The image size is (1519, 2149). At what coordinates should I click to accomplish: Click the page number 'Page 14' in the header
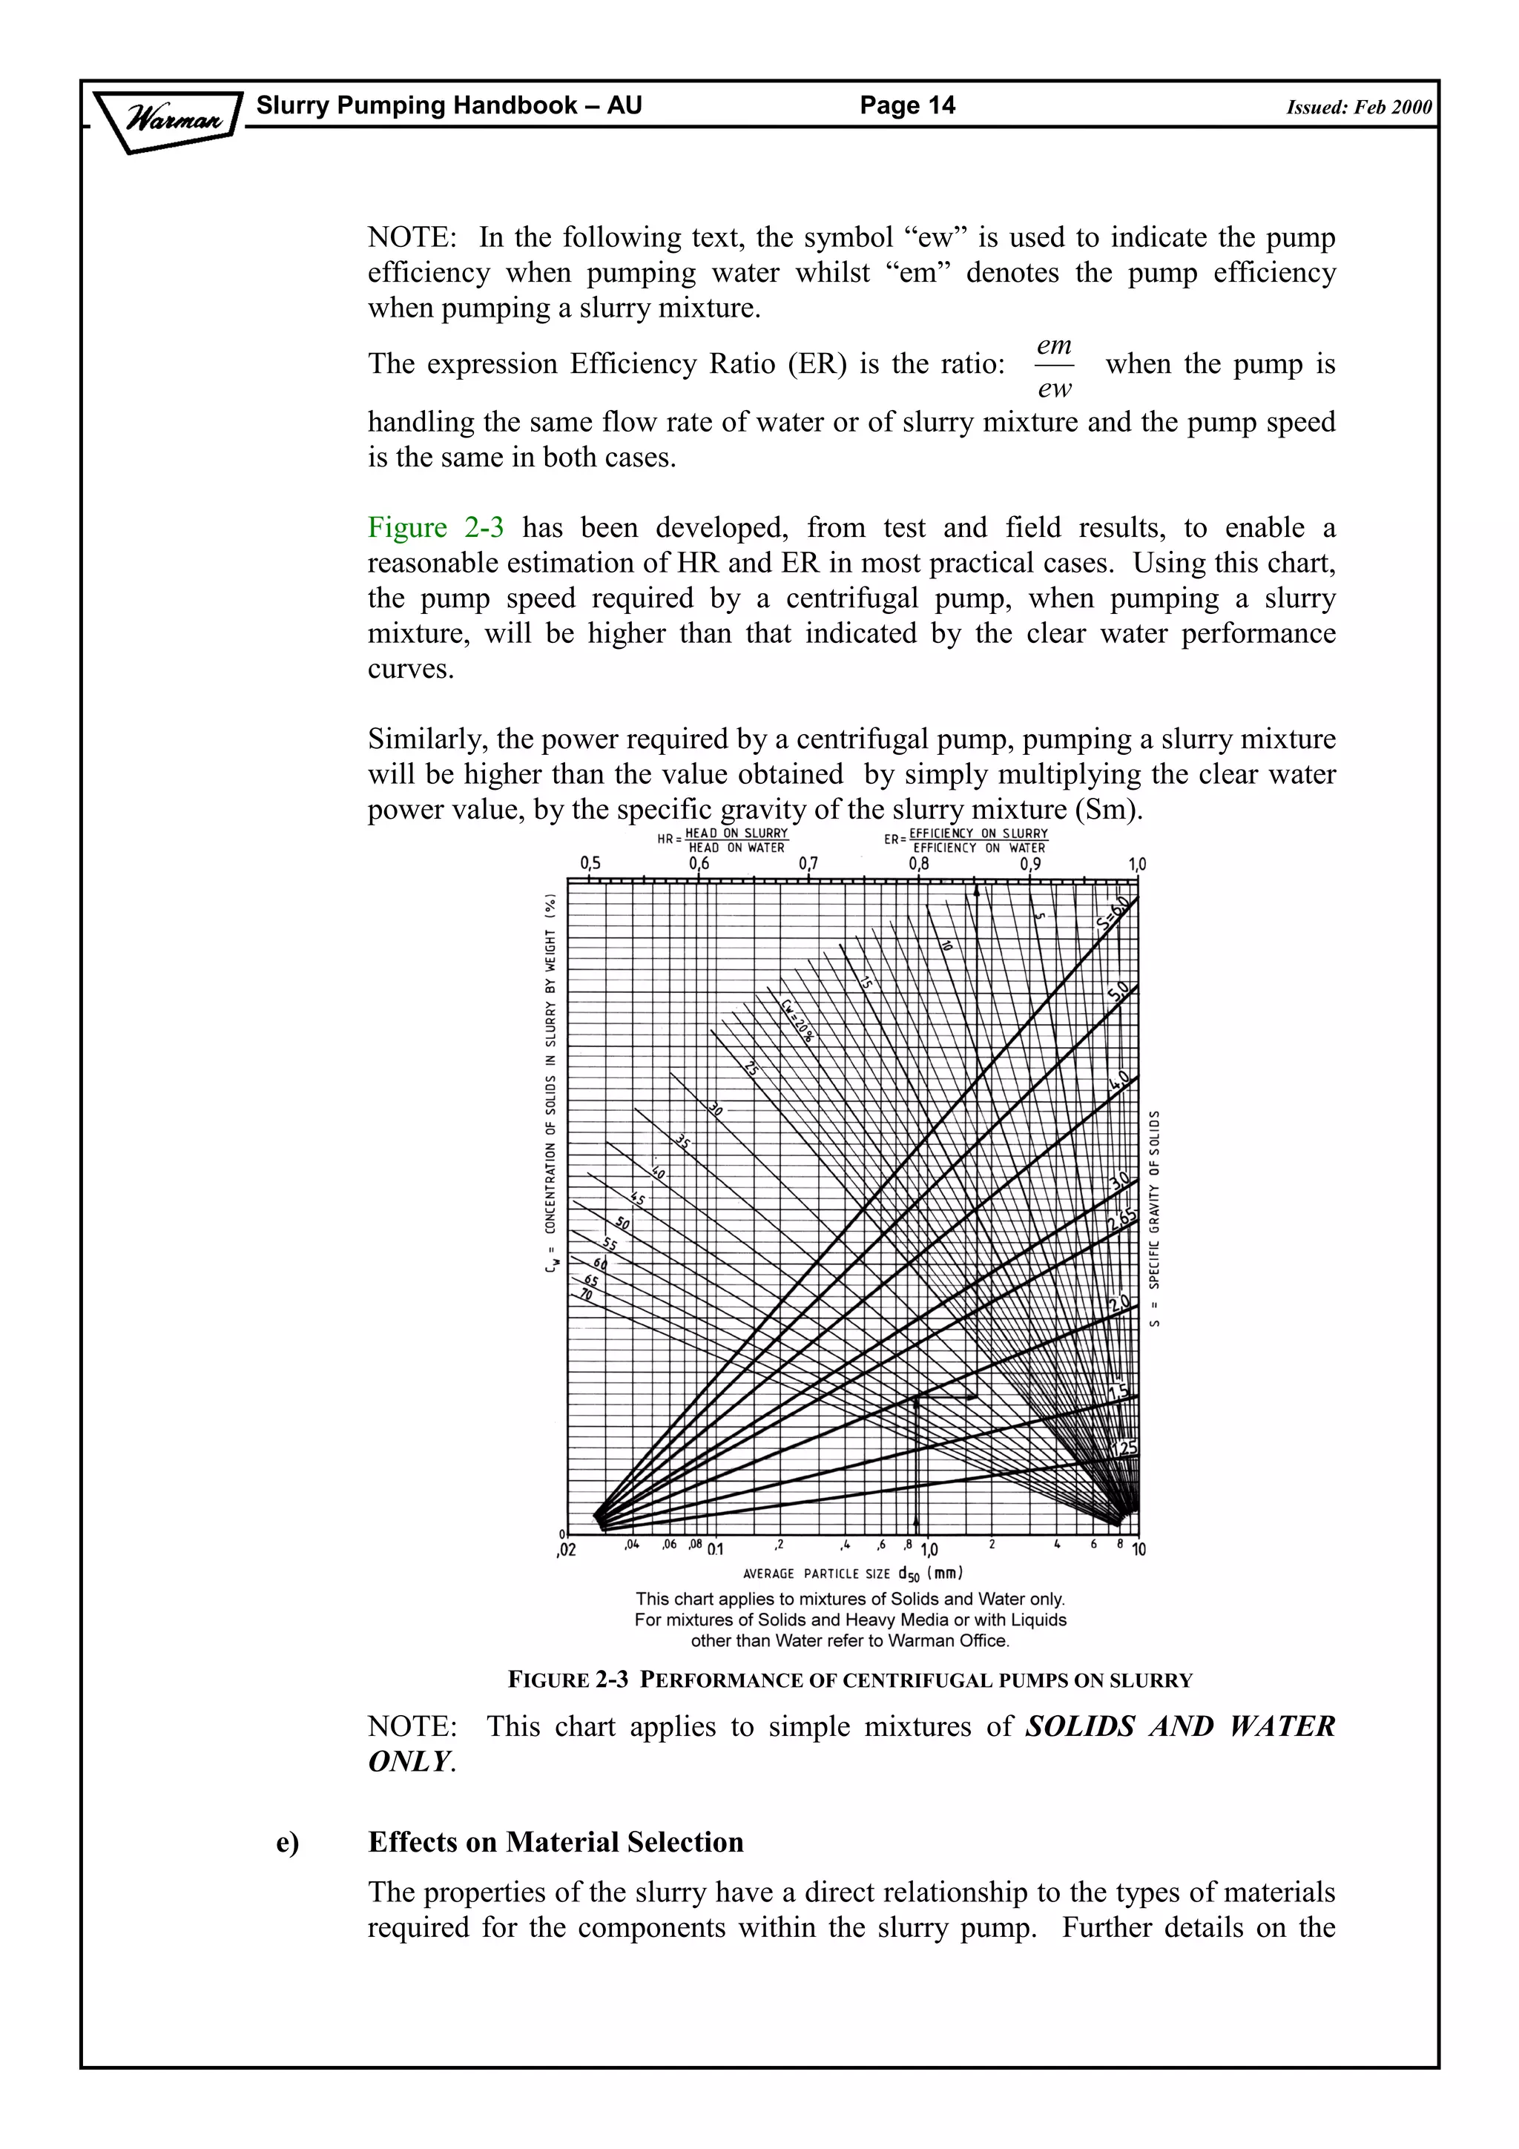tap(907, 105)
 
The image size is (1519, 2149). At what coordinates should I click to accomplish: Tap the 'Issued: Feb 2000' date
tap(1358, 107)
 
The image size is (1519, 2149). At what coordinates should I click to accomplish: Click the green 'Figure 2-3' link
tap(435, 528)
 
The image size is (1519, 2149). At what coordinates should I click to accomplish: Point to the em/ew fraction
tap(1054, 367)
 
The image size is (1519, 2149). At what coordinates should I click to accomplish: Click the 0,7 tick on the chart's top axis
tap(808, 864)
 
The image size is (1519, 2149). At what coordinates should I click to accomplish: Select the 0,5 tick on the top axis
tap(590, 863)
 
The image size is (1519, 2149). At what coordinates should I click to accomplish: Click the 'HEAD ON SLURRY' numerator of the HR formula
tap(737, 833)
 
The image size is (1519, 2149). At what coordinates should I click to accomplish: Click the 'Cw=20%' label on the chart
tap(797, 1018)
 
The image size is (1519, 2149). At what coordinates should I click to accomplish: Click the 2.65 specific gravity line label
tap(1121, 1221)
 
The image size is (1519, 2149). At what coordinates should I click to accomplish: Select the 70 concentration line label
tap(586, 1295)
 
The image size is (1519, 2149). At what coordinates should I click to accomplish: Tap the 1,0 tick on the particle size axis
tap(929, 1550)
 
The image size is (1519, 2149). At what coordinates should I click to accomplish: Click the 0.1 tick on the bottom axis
tap(715, 1550)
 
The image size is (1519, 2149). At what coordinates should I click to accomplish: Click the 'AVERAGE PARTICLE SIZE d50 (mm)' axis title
tap(853, 1574)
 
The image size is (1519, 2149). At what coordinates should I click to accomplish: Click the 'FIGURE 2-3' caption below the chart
tap(568, 1679)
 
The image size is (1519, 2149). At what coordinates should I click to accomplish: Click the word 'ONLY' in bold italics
tap(409, 1760)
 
